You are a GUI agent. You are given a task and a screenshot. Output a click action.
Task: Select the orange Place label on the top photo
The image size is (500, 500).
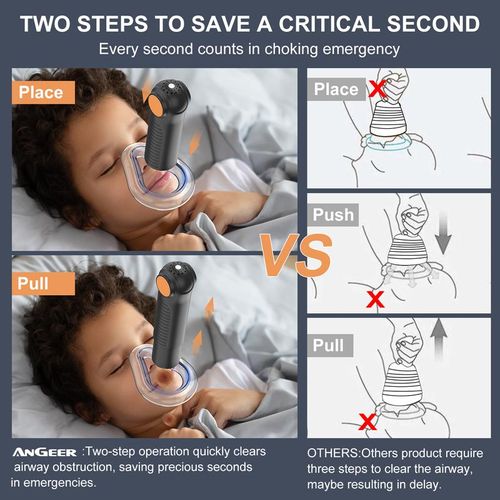coord(39,92)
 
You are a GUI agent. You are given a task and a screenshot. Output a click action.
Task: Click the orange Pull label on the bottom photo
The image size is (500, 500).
coord(33,282)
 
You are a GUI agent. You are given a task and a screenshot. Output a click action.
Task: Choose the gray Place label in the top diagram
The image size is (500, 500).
coord(336,89)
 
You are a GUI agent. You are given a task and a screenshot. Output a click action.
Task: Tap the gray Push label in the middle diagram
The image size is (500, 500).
coord(333,215)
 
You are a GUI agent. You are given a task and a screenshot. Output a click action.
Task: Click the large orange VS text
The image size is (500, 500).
coord(297,253)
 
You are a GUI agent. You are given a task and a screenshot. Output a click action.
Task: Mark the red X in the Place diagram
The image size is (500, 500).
coord(378,90)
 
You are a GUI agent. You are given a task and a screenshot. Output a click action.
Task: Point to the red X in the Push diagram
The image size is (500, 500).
coord(376,298)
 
